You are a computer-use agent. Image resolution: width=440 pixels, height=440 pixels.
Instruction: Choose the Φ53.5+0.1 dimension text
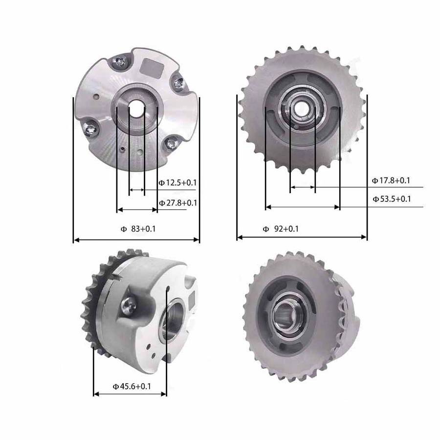[x=391, y=198]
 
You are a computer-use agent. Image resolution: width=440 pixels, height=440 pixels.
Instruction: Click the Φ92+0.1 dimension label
[x=281, y=228]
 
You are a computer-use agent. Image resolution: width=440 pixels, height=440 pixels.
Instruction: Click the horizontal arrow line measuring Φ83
[x=136, y=240]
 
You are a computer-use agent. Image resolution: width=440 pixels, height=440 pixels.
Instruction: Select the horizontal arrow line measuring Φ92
[x=302, y=237]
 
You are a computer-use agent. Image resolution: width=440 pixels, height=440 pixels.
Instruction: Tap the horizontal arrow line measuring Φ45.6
[x=130, y=394]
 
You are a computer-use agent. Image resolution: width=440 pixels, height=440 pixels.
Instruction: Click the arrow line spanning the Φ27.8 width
[x=137, y=210]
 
